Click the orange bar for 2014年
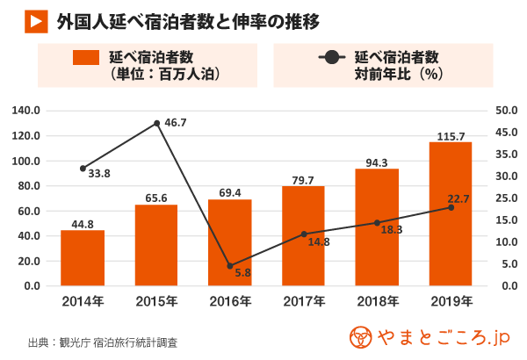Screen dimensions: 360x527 [x=83, y=258]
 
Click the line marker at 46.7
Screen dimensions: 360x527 [x=156, y=123]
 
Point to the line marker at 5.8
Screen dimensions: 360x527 [x=230, y=265]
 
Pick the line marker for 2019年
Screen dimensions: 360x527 [x=451, y=207]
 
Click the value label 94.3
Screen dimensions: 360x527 [x=377, y=162]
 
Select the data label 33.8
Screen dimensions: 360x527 [x=98, y=174]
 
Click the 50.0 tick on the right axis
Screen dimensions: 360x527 [x=508, y=111]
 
